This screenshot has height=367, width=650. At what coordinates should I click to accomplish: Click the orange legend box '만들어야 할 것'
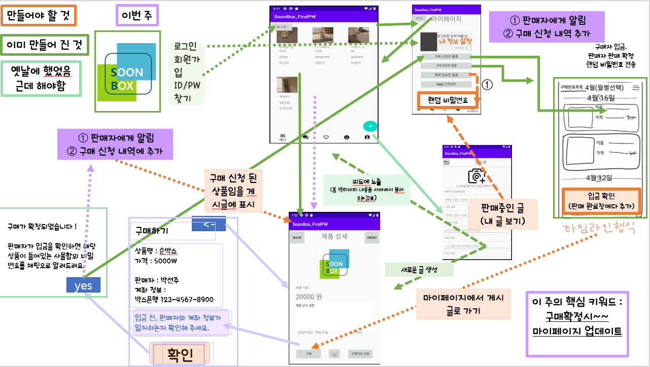[39, 16]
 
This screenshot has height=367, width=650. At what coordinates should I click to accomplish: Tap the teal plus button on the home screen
[370, 126]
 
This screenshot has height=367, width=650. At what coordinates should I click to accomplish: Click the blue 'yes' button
[83, 285]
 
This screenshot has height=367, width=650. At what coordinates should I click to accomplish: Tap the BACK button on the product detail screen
[297, 237]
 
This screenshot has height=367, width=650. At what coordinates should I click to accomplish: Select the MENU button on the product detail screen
[372, 237]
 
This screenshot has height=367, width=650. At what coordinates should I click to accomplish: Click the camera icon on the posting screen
[476, 175]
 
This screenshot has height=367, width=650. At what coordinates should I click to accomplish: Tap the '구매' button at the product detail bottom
[308, 354]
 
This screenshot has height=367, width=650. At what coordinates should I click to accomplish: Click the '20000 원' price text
[309, 297]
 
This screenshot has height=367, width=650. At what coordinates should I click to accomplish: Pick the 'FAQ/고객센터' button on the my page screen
[446, 84]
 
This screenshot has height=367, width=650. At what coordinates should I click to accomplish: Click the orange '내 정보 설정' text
[455, 41]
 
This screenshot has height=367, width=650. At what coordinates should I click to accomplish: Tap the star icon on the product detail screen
[334, 354]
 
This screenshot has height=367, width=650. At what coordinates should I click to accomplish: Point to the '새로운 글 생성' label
[419, 269]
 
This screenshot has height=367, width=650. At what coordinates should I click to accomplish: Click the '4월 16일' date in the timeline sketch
[600, 97]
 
